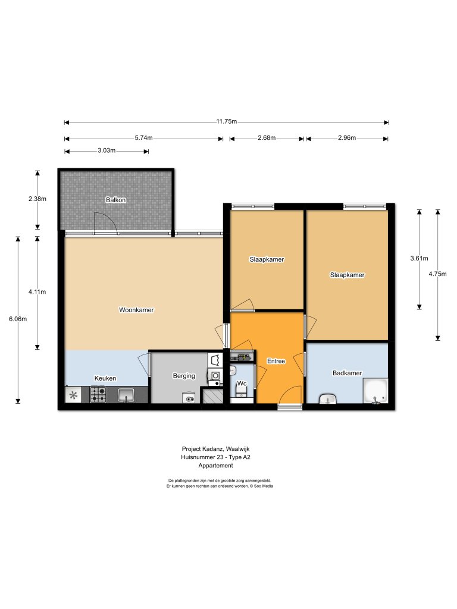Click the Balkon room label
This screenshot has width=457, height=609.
tap(115, 200)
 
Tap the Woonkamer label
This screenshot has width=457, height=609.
tap(136, 310)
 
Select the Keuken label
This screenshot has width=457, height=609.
tap(105, 378)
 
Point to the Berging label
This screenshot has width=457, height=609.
tap(184, 376)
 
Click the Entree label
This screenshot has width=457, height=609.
tap(276, 361)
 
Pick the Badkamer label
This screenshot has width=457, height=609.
tap(347, 373)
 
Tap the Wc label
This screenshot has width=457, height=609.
tap(242, 384)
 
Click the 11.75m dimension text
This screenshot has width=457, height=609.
tap(227, 121)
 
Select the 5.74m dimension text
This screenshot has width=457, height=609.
tap(144, 137)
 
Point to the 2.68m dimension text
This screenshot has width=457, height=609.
tap(267, 137)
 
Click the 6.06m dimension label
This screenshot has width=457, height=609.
tap(18, 319)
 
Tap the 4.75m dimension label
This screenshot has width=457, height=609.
tap(437, 274)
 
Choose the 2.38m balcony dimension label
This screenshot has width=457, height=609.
tap(37, 199)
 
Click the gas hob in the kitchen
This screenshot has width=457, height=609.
tap(98, 394)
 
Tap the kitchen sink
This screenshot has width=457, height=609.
tap(126, 395)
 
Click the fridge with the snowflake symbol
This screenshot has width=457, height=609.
tap(73, 395)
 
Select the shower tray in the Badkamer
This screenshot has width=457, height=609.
tap(375, 391)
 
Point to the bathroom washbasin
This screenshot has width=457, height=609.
tap(328, 398)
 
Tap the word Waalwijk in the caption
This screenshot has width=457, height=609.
tap(237, 449)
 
